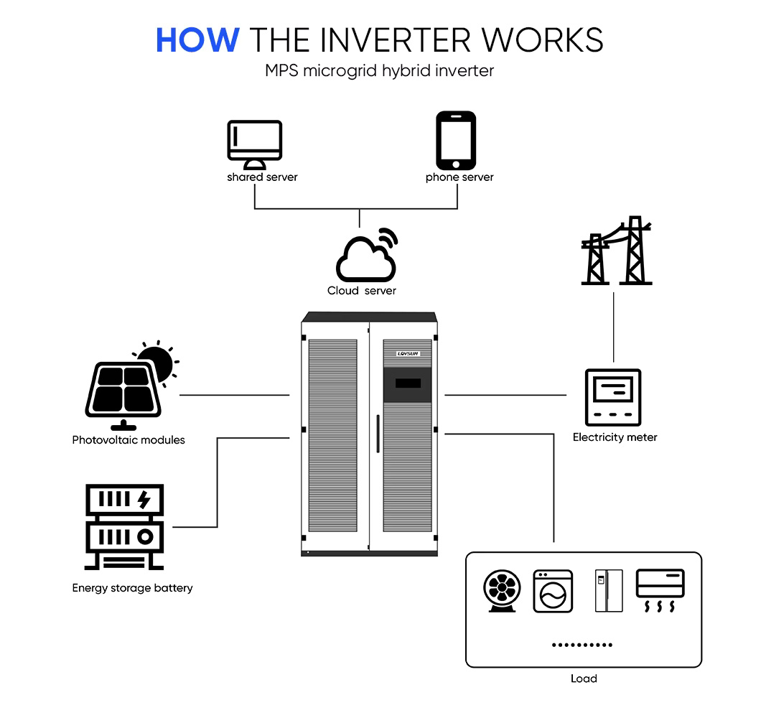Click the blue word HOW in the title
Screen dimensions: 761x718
click(x=197, y=39)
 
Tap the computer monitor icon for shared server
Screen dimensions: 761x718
click(x=255, y=144)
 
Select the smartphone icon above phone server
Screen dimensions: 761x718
click(x=456, y=140)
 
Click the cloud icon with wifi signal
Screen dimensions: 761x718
click(x=367, y=255)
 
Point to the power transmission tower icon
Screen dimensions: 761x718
click(x=617, y=251)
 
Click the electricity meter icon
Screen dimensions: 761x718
click(x=613, y=397)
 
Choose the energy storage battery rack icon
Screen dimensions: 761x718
click(x=124, y=527)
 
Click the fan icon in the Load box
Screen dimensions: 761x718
click(x=502, y=591)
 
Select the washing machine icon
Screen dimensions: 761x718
click(x=553, y=592)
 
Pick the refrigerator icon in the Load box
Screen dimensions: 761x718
click(x=609, y=590)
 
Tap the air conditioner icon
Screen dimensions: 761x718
click(x=660, y=590)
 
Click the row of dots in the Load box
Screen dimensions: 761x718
click(x=582, y=645)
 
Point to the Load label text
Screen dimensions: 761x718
click(x=584, y=679)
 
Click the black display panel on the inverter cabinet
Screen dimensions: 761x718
click(x=407, y=384)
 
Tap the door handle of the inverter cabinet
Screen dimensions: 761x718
click(x=378, y=434)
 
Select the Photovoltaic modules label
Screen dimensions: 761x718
click(x=129, y=440)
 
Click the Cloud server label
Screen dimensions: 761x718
click(x=362, y=291)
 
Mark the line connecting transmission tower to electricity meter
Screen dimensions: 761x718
click(x=613, y=327)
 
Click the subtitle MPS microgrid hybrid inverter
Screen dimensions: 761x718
click(x=380, y=71)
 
